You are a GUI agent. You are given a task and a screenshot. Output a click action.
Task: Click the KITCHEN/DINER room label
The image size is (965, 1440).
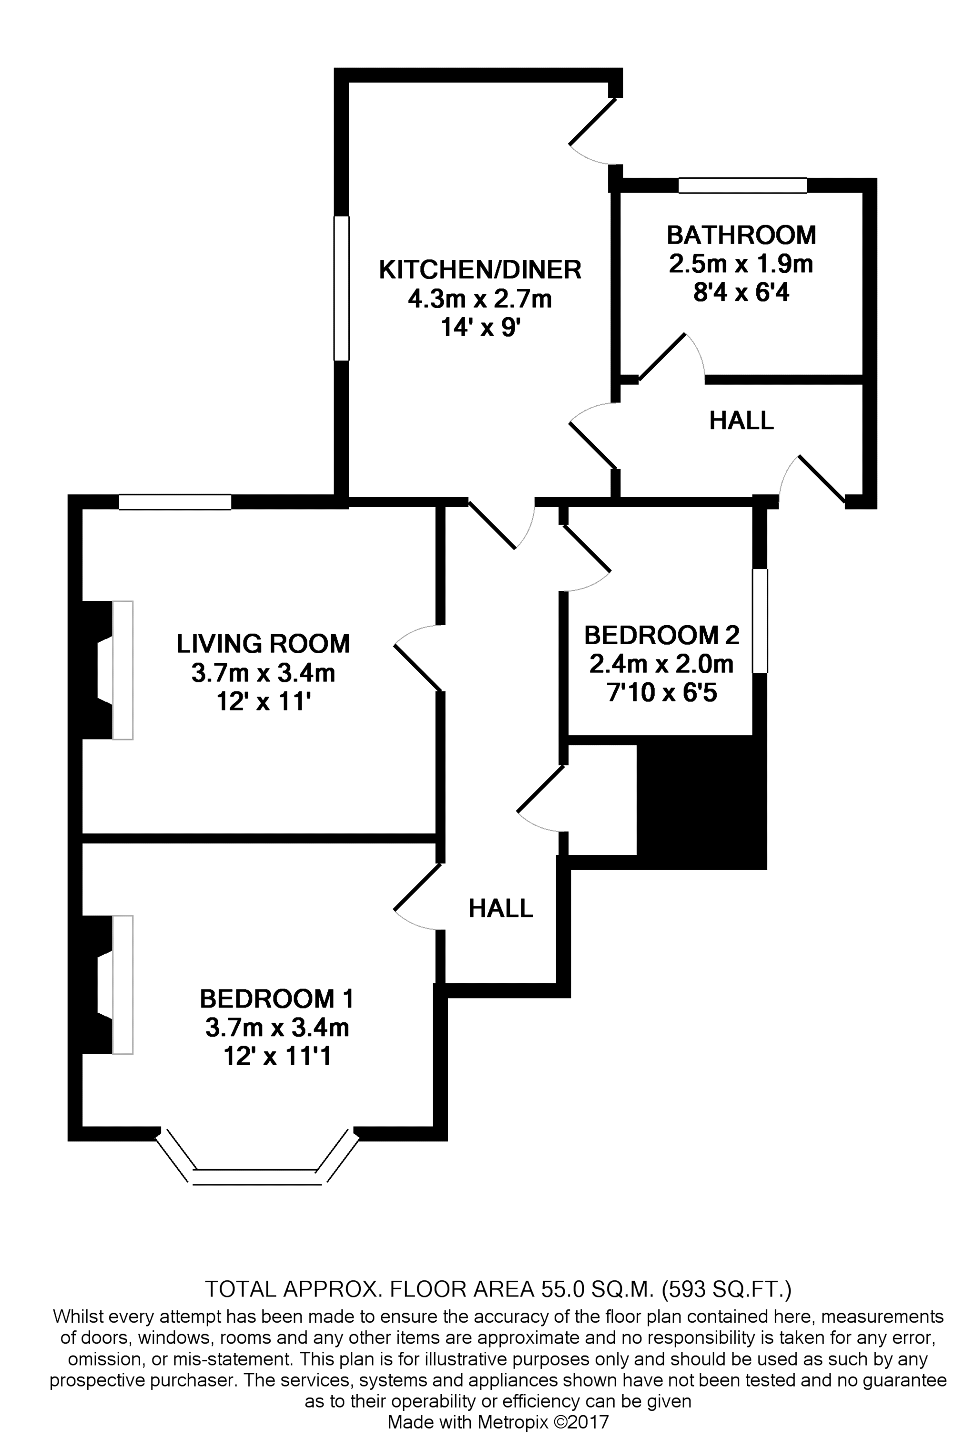[480, 270]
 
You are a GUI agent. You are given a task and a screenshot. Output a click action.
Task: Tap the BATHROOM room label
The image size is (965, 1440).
[741, 235]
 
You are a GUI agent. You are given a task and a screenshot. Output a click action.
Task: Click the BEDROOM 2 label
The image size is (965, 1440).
[661, 635]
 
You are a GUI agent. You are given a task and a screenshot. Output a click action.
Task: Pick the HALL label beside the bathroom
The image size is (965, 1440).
[741, 421]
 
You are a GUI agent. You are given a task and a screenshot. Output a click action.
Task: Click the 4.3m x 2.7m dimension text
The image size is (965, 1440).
[480, 299]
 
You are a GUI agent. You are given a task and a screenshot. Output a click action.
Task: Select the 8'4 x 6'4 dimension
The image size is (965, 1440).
[741, 292]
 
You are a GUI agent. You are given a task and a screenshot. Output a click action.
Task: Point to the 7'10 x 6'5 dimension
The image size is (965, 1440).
[661, 693]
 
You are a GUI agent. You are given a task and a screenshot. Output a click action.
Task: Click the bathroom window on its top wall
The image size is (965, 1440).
[742, 185]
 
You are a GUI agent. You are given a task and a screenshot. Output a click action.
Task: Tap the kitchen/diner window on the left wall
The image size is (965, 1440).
[342, 288]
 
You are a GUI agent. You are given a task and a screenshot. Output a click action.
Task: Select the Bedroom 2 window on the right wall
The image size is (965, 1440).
[760, 620]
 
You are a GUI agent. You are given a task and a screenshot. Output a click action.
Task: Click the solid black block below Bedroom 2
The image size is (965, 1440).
[701, 802]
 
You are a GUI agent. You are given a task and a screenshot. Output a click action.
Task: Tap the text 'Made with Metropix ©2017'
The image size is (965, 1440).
[498, 1421]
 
